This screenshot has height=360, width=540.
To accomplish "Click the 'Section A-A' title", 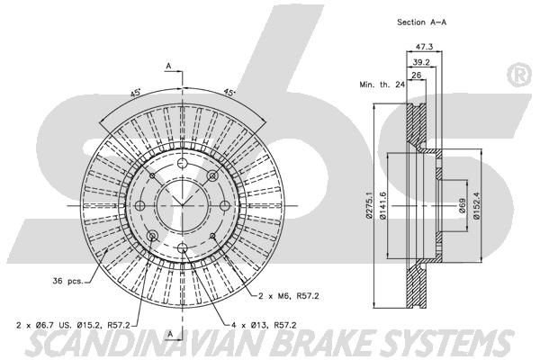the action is tap(421, 22).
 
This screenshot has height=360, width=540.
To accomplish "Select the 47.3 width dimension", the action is tap(424, 46).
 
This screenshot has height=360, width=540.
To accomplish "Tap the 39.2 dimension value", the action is tap(421, 62).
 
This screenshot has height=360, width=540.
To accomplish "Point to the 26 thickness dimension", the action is tap(417, 75).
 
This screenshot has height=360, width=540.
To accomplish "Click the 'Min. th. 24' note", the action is tap(382, 85).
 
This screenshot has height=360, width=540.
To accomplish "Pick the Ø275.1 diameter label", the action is tap(369, 205).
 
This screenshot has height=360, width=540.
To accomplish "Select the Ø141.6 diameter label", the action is tap(382, 206).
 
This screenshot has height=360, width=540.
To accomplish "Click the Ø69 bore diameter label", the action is tap(463, 206).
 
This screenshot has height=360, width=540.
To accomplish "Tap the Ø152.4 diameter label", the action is tap(476, 205).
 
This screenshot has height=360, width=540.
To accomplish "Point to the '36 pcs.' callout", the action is tap(67, 281).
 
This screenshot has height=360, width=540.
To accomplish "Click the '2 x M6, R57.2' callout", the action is tap(289, 295).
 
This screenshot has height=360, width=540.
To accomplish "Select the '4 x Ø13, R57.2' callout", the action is tap(263, 325).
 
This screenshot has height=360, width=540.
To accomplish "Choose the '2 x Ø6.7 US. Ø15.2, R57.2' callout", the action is tap(73, 325).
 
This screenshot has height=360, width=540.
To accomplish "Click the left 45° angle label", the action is tap(135, 93).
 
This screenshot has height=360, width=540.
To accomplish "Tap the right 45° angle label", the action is tap(229, 93).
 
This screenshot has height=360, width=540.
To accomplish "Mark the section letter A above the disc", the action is tap(168, 66).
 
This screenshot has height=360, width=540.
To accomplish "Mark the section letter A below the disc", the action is tap(169, 334).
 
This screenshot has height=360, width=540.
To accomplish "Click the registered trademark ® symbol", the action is tap(519, 75).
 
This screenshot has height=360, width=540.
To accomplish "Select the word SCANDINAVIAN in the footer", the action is tap(148, 343).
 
